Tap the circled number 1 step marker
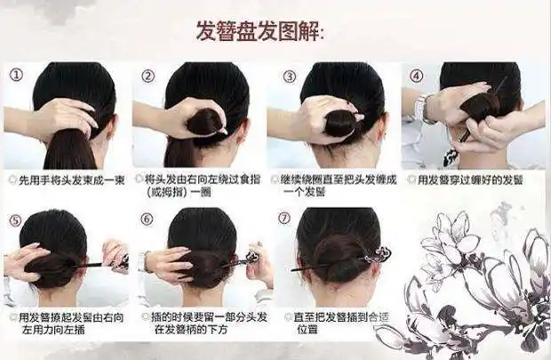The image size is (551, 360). point(16,76)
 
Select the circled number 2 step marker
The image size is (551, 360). point(148,76)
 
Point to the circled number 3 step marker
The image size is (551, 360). point(289,76)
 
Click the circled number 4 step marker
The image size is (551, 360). point(415,76)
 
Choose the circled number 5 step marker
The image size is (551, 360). point(16,220)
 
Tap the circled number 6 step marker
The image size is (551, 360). point(148,220)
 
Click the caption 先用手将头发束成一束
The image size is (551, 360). point(69,179)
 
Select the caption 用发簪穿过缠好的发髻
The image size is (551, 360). point(475,179)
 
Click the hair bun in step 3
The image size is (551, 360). point(339,123)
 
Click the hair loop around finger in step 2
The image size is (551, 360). point(204,121)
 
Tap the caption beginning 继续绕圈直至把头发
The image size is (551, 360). point(339,184)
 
